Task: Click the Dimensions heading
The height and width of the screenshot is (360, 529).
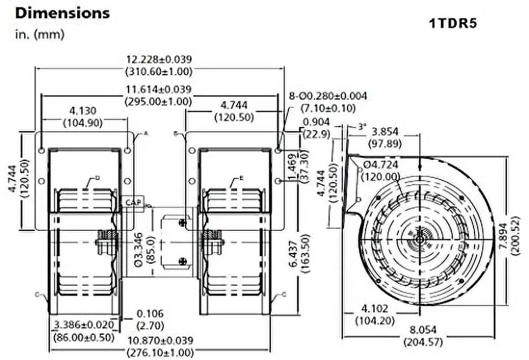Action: pos(62,13)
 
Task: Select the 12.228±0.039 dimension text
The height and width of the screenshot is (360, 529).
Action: pos(159,59)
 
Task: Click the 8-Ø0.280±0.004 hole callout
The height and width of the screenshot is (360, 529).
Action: pos(328,96)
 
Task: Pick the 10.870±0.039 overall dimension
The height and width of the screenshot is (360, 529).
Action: pos(159,340)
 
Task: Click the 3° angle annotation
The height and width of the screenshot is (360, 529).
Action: pos(362,127)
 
